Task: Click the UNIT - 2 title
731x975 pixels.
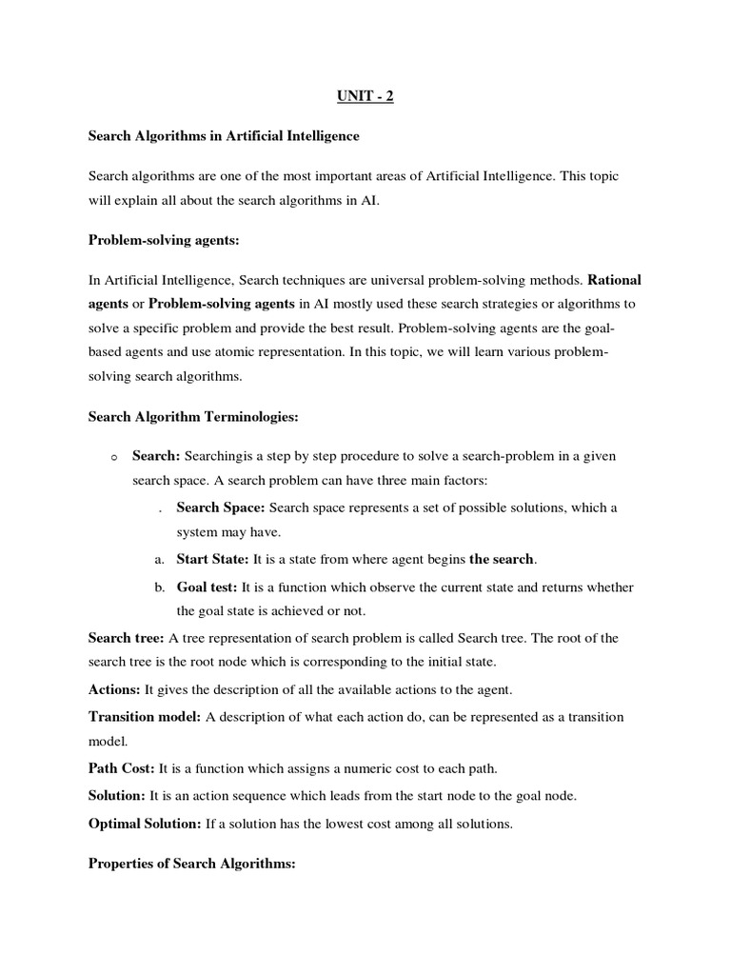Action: (x=365, y=96)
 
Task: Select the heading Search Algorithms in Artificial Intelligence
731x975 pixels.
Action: (x=224, y=136)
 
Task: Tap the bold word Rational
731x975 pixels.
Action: (x=615, y=281)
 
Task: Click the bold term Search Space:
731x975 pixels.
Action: (x=221, y=507)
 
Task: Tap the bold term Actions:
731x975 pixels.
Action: (x=114, y=689)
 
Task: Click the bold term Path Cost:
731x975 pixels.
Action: (x=122, y=767)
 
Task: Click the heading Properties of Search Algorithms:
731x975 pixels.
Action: (x=192, y=865)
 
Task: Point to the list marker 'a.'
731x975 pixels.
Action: (x=160, y=560)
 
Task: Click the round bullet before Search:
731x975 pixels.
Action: (x=112, y=458)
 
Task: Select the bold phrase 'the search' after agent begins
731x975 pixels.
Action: (x=502, y=559)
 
